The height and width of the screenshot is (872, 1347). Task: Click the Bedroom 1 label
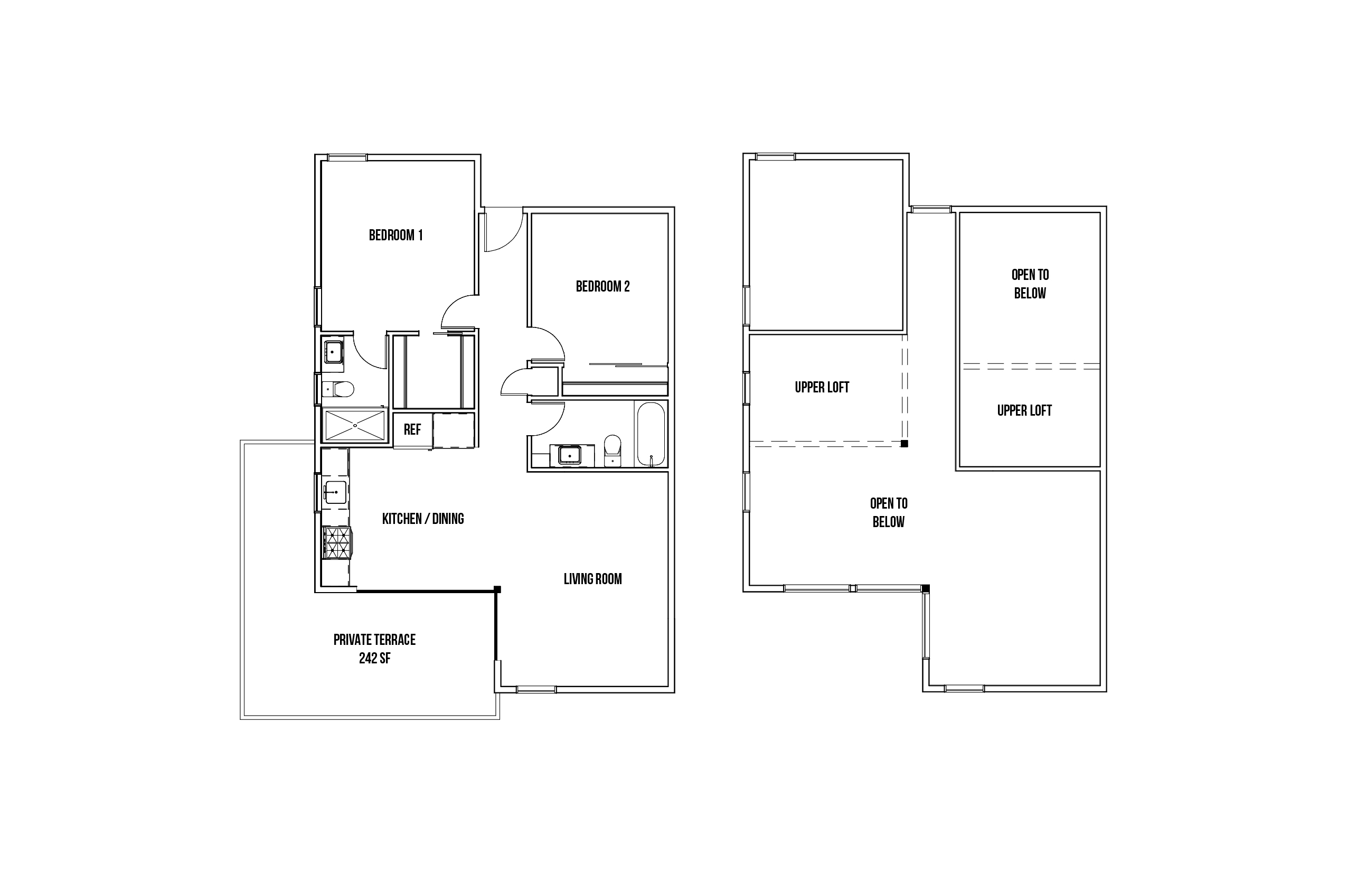click(x=395, y=235)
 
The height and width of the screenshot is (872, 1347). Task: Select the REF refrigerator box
click(x=412, y=430)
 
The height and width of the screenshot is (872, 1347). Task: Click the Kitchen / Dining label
click(x=423, y=519)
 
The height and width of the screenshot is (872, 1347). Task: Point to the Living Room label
click(x=592, y=579)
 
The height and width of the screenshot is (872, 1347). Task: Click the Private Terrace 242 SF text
click(x=374, y=649)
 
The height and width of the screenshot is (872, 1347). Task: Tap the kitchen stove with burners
click(x=336, y=542)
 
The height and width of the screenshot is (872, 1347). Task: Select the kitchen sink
click(x=335, y=492)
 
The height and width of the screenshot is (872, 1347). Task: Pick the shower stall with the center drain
click(x=355, y=425)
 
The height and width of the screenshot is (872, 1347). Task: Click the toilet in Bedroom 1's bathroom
click(x=337, y=389)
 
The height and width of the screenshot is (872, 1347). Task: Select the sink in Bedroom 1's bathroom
click(x=333, y=352)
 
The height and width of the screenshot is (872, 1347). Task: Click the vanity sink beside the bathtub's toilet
click(x=570, y=455)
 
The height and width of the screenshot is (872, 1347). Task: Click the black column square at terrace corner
click(x=497, y=589)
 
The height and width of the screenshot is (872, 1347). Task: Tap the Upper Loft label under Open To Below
click(x=1024, y=410)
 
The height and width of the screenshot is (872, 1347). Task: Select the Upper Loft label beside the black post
click(x=822, y=387)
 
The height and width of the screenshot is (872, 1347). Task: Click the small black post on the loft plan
click(x=904, y=443)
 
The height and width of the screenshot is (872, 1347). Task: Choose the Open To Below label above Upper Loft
click(x=1030, y=284)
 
